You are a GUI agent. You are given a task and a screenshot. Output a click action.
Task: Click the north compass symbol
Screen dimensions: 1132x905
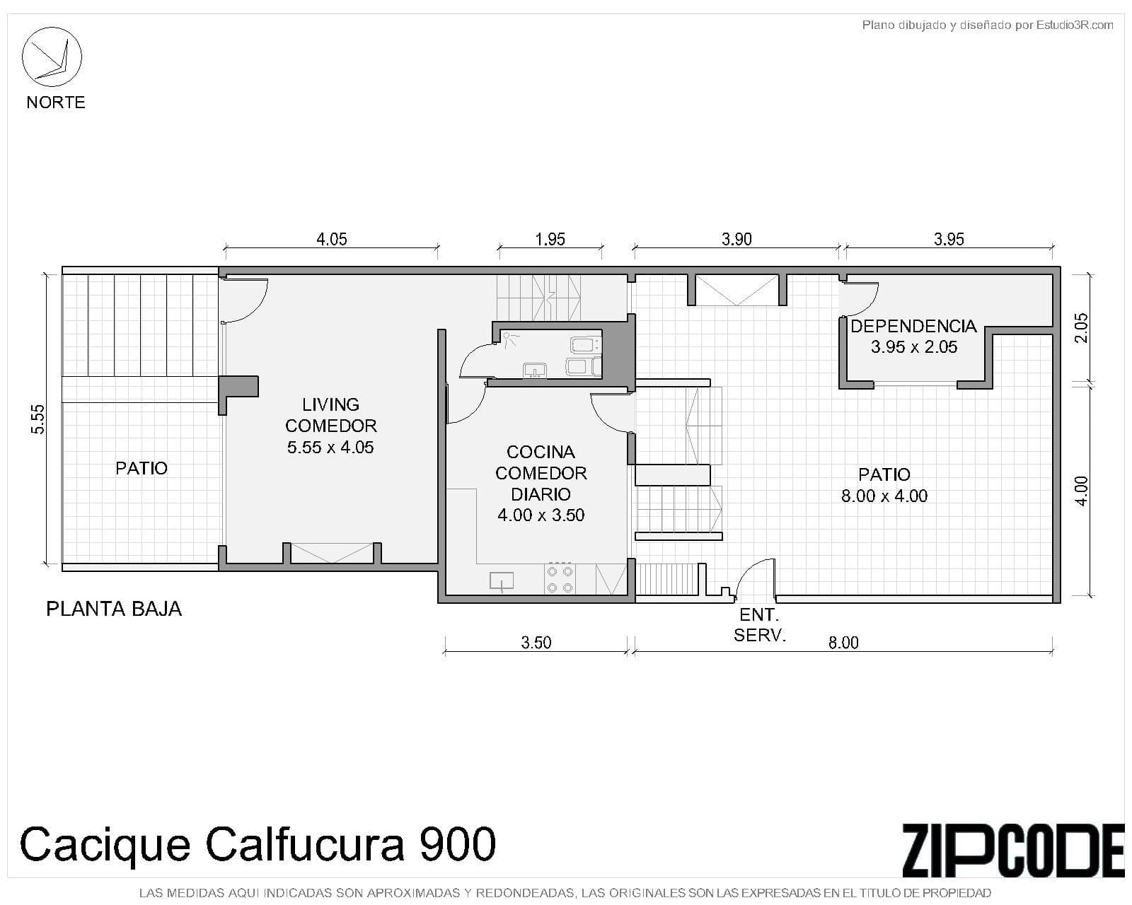52,57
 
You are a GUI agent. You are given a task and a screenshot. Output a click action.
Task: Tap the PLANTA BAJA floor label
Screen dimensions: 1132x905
114,609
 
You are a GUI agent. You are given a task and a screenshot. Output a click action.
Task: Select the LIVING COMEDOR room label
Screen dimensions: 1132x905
331,415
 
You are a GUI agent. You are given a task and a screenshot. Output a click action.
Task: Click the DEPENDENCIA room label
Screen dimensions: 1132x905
913,326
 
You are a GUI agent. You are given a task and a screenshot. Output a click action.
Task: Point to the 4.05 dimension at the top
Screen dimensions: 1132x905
331,239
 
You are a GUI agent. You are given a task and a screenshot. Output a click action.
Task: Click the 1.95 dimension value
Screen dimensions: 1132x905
550,239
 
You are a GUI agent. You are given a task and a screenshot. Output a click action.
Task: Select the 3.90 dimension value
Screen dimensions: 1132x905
737,239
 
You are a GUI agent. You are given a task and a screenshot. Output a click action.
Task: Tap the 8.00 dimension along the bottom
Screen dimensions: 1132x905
843,643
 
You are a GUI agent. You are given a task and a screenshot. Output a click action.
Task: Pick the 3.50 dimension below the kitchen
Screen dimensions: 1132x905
536,643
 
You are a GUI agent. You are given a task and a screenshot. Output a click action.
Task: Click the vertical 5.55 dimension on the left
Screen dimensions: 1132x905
38,419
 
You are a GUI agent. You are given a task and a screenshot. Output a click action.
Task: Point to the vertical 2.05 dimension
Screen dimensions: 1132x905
1082,327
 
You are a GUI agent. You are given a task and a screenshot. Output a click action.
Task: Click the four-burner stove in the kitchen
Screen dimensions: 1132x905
560,579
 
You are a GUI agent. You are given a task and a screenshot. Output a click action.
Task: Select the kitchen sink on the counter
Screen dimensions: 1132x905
502,582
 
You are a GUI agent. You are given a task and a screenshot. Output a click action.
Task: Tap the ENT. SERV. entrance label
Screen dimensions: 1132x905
760,625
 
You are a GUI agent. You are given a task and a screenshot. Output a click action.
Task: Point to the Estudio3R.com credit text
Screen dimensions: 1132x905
1075,25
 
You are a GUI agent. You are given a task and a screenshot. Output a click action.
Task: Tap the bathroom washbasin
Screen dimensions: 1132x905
534,370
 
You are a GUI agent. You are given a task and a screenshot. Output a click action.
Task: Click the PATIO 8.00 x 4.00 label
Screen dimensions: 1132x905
884,485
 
